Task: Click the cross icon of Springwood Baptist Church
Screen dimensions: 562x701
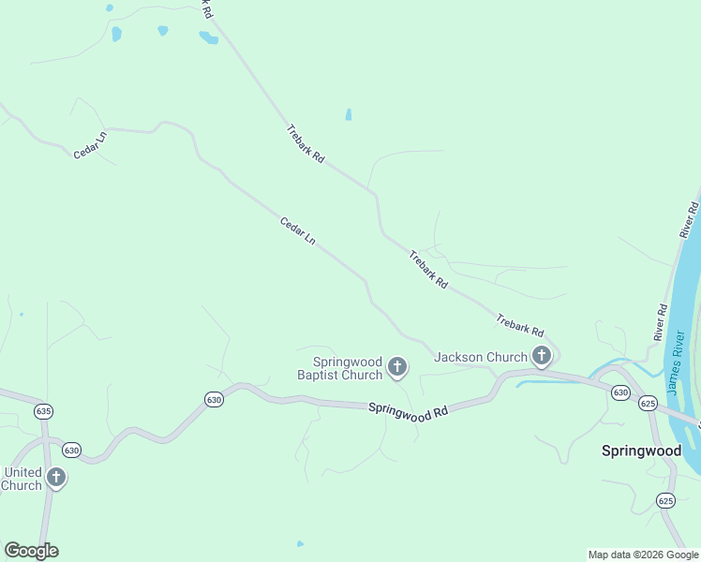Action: coord(397,367)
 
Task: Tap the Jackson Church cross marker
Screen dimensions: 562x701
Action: coord(541,356)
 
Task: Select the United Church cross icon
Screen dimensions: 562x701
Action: coord(56,478)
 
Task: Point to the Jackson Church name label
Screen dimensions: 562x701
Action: coord(481,357)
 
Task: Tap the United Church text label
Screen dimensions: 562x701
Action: coord(22,479)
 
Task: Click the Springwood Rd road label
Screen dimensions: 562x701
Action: coord(409,411)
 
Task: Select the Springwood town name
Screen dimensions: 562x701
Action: coord(641,451)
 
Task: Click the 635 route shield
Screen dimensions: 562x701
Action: coord(43,410)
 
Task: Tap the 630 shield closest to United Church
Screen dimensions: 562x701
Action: coord(72,451)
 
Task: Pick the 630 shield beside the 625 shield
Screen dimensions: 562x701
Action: coord(620,392)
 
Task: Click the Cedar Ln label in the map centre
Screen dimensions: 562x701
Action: coord(297,231)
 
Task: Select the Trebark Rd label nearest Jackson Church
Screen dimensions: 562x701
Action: coord(520,325)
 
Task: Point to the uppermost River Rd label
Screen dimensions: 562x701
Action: coord(690,218)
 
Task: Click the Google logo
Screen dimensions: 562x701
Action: coord(31,551)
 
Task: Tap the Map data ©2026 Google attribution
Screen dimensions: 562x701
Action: coord(643,555)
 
